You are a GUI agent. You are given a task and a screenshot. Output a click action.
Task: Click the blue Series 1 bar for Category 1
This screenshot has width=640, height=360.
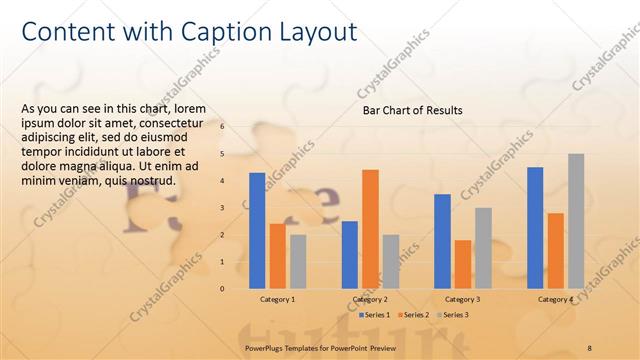click(257, 230)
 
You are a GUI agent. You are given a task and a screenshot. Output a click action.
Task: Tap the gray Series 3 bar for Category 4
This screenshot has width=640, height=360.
click(576, 221)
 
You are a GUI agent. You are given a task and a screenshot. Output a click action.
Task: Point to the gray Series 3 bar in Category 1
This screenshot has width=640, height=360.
click(298, 261)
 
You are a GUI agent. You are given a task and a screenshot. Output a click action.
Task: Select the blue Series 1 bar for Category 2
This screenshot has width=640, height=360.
click(350, 255)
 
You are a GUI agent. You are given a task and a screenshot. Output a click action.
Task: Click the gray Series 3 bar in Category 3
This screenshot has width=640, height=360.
click(483, 248)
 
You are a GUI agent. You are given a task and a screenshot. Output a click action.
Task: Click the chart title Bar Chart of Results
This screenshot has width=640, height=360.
click(412, 111)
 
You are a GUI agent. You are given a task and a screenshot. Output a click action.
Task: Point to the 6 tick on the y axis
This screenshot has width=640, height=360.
click(222, 127)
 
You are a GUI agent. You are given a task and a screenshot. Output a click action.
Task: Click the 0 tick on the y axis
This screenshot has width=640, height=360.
click(222, 289)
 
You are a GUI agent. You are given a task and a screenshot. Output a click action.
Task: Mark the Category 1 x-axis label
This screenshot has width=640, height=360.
click(277, 299)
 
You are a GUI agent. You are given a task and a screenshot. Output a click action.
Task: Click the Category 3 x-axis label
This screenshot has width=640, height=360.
click(463, 299)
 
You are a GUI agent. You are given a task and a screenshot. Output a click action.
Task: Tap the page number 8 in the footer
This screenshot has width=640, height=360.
click(590, 346)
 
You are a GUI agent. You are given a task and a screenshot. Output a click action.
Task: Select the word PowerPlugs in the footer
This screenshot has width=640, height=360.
click(265, 346)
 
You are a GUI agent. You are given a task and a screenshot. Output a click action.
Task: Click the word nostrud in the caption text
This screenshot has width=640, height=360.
click(152, 181)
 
